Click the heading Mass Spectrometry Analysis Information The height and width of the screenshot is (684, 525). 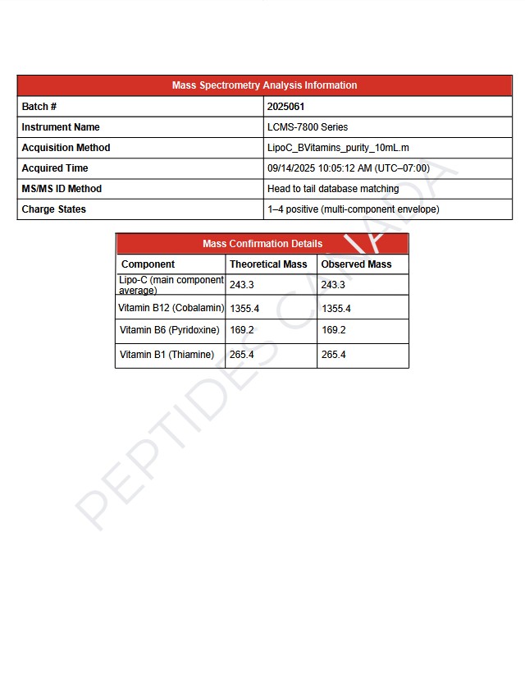(x=264, y=85)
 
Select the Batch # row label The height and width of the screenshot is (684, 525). (x=39, y=107)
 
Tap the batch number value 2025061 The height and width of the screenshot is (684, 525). (x=286, y=107)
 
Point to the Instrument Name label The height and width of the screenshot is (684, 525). (x=61, y=127)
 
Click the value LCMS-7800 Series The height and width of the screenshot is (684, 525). (x=308, y=127)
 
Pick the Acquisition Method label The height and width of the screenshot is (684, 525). (x=66, y=148)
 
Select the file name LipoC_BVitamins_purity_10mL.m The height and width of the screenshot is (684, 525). (x=338, y=148)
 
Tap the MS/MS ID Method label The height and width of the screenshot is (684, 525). (x=62, y=189)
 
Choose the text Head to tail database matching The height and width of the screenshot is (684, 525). (x=333, y=189)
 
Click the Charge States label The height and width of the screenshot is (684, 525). (x=53, y=209)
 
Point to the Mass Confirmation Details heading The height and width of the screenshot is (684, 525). (x=262, y=244)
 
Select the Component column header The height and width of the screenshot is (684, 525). (x=148, y=264)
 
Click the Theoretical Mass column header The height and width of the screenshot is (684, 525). (x=268, y=264)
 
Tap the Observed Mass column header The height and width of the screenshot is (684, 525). (x=356, y=264)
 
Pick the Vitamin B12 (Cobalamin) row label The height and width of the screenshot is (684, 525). (x=171, y=308)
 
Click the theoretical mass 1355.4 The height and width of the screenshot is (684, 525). (x=244, y=309)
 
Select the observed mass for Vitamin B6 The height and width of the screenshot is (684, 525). (x=334, y=330)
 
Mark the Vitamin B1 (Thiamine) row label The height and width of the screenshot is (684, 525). (x=167, y=355)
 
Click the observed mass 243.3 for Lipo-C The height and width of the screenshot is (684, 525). (x=333, y=285)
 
